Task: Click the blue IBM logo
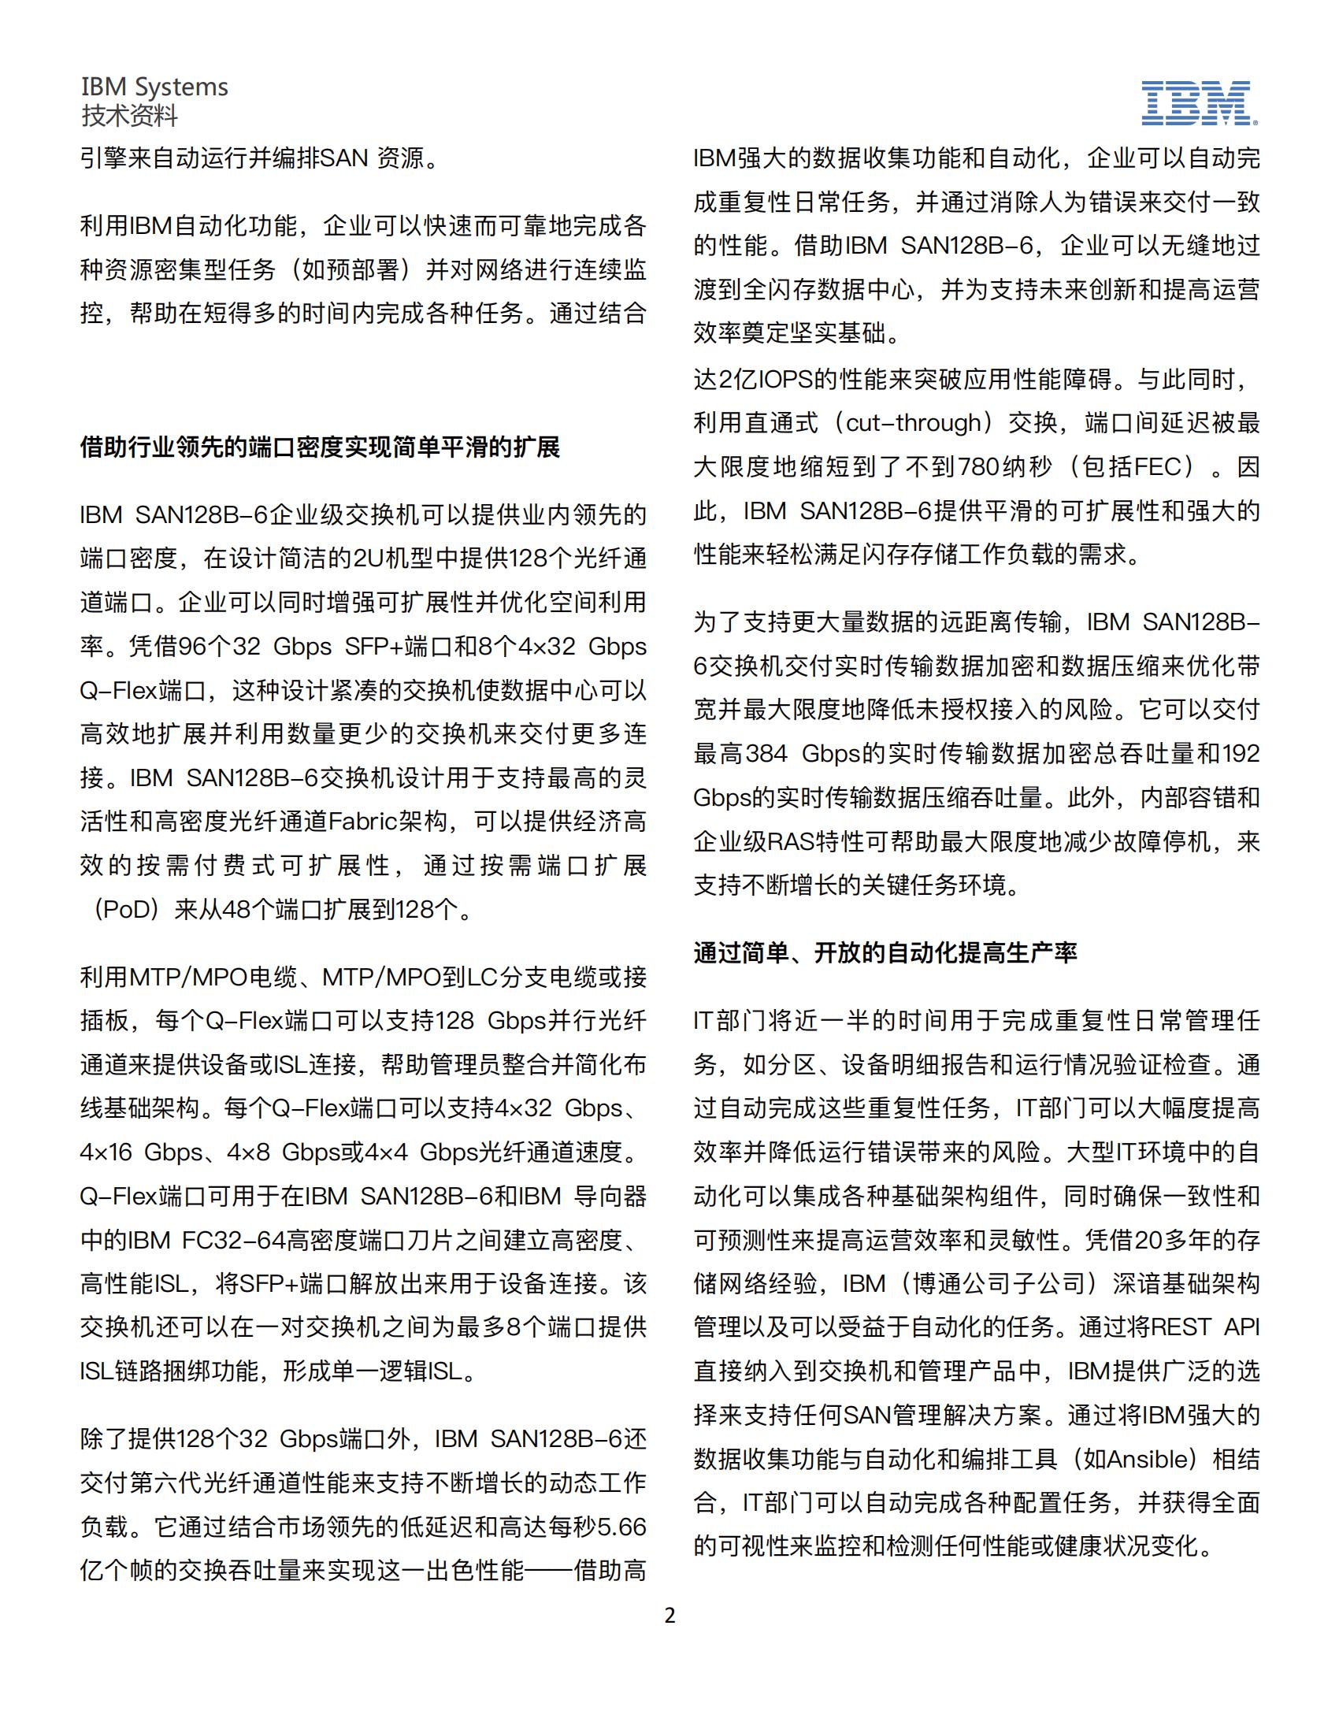pyautogui.click(x=1199, y=103)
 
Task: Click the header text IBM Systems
pyautogui.click(x=154, y=87)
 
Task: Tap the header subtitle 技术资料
pyautogui.click(x=129, y=116)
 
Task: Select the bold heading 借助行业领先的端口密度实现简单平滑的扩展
pyautogui.click(x=320, y=447)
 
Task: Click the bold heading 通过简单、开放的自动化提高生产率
pyautogui.click(x=885, y=952)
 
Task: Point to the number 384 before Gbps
pyautogui.click(x=766, y=753)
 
